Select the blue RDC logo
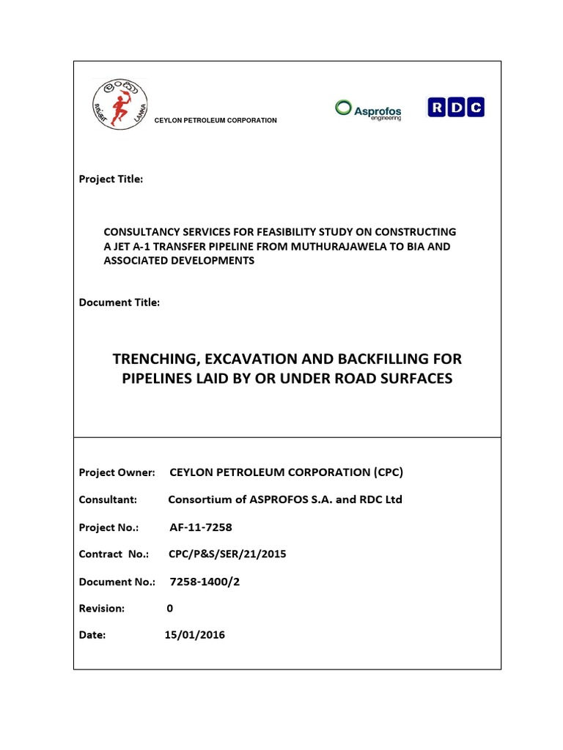tap(455, 108)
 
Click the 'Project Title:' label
tap(111, 179)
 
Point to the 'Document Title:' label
tap(119, 302)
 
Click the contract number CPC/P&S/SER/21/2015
tap(227, 554)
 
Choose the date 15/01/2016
tap(195, 635)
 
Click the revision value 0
tap(171, 608)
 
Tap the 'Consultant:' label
tap(108, 500)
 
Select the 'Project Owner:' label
tap(117, 472)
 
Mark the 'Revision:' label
tap(102, 608)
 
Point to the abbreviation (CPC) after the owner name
tap(387, 472)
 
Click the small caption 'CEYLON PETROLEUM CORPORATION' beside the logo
tap(215, 120)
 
